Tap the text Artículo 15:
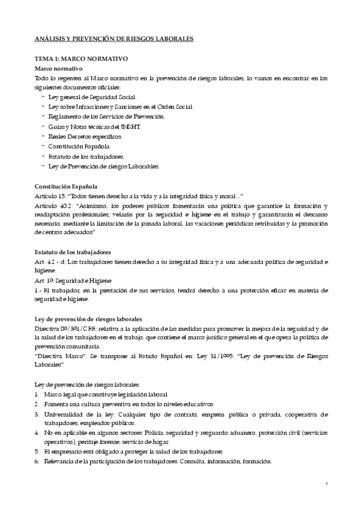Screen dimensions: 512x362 (52, 196)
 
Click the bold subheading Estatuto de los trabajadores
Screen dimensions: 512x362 (73, 252)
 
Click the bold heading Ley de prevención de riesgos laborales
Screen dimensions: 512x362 (88, 318)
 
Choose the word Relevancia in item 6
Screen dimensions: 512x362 (62, 462)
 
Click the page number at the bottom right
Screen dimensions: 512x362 (326, 484)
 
